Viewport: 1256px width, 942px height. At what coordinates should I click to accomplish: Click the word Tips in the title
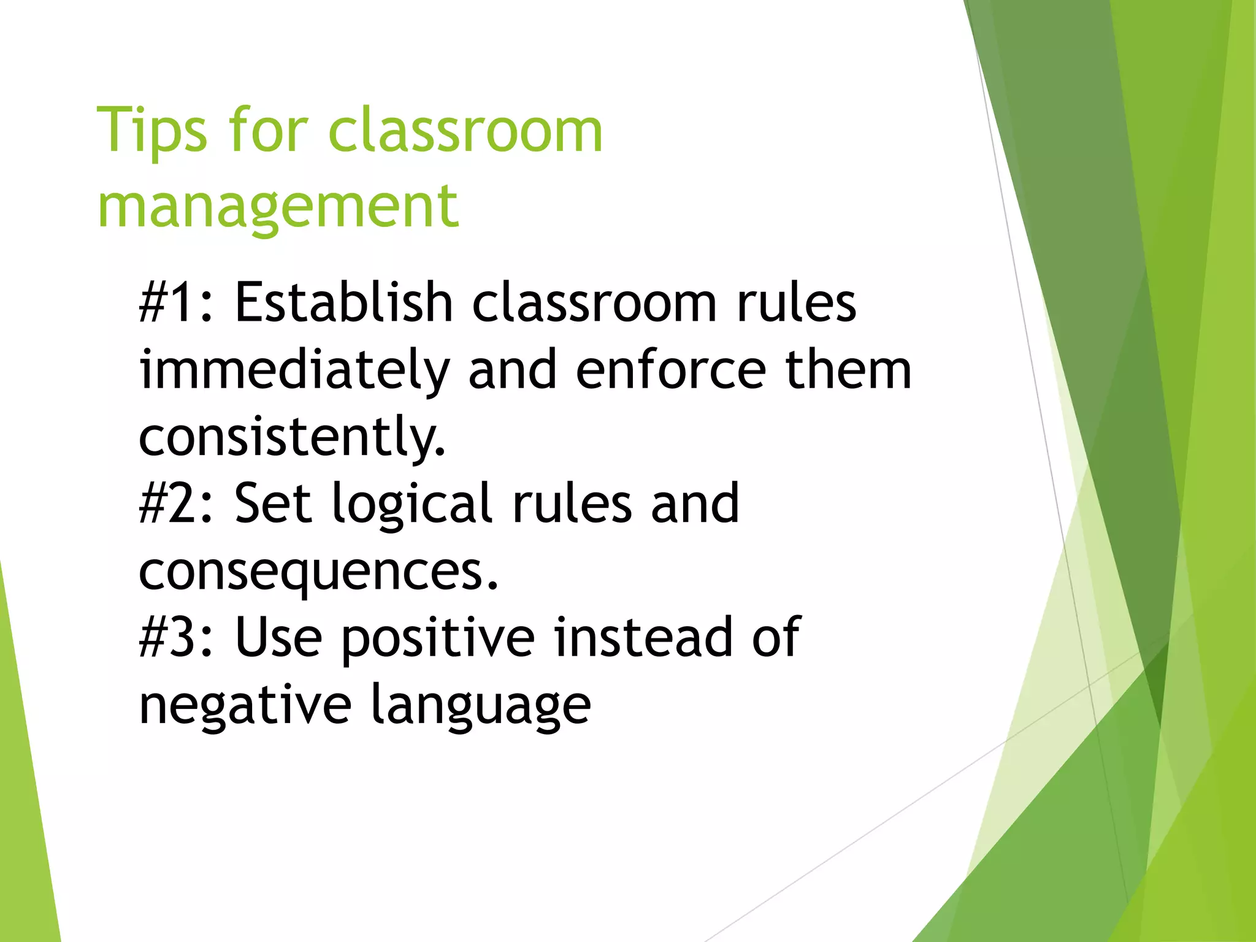click(x=152, y=130)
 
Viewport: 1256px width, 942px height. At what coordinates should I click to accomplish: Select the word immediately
click(x=294, y=371)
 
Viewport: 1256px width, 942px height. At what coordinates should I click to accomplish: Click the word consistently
click(x=292, y=437)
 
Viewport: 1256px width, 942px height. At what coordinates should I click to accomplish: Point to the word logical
click(x=412, y=505)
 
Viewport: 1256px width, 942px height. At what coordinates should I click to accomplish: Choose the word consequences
click(x=318, y=572)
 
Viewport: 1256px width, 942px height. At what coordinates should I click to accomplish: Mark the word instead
click(x=643, y=638)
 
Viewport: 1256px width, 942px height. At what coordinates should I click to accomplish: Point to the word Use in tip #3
click(x=278, y=638)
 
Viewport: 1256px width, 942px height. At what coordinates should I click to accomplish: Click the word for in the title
click(x=267, y=130)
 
